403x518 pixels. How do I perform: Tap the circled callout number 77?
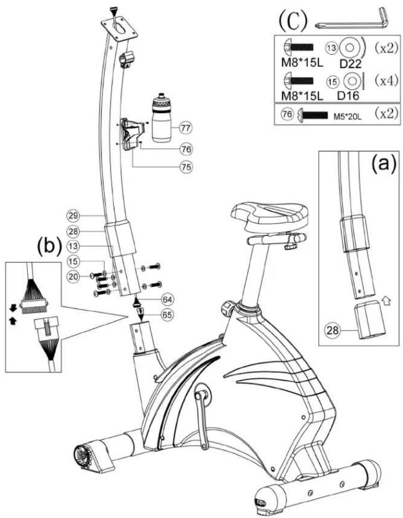point(186,128)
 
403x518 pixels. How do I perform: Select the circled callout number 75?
point(186,167)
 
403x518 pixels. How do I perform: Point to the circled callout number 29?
point(73,216)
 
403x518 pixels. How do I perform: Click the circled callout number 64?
point(168,300)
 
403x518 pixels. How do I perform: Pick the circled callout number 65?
point(168,315)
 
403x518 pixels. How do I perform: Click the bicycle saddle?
point(270,217)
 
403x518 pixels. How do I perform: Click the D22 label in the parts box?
point(351,63)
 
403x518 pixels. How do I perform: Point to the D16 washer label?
point(348,96)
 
